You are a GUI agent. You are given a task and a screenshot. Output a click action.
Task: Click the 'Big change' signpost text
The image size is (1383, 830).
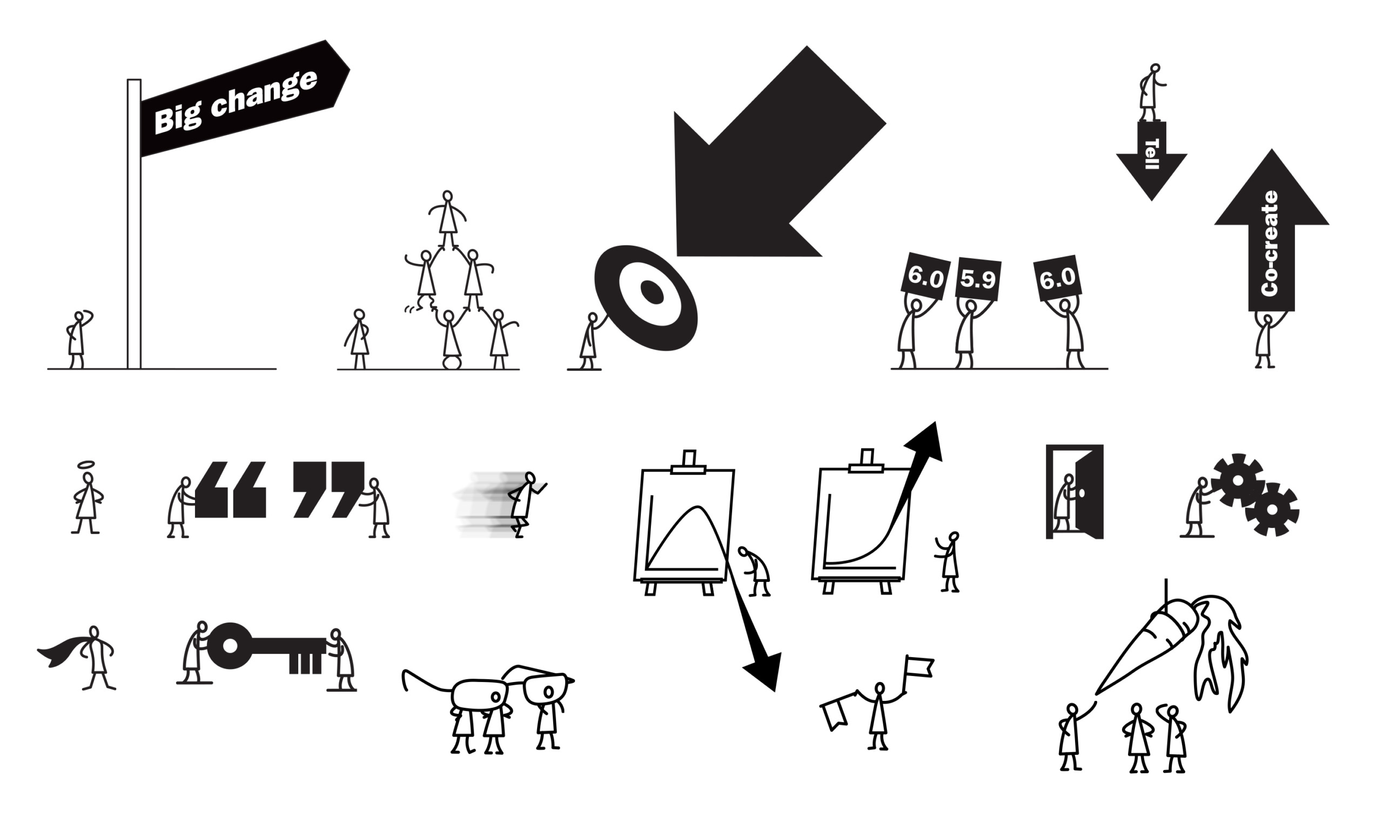[236, 102]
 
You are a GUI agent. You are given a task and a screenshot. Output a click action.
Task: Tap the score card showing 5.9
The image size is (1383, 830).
[978, 278]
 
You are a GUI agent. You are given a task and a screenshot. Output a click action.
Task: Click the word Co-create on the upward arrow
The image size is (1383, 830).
[1270, 243]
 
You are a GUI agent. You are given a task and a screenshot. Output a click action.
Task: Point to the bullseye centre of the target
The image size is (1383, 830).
[651, 292]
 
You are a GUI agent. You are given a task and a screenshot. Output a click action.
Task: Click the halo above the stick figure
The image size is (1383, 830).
[85, 464]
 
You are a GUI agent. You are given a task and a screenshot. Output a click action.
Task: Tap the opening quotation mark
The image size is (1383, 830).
[230, 490]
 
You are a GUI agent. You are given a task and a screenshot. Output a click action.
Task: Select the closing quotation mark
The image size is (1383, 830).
[328, 490]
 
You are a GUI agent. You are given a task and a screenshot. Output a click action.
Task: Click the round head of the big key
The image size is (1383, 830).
[230, 646]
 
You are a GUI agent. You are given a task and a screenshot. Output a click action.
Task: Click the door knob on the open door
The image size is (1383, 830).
[1082, 493]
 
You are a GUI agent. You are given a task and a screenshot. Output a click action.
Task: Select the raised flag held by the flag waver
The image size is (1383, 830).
[918, 667]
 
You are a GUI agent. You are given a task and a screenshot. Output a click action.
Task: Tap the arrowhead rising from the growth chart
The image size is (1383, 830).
[926, 443]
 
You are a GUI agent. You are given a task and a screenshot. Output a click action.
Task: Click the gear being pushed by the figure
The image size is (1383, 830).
[1238, 480]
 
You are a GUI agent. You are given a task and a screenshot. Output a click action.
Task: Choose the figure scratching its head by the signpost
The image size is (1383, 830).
[77, 339]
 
